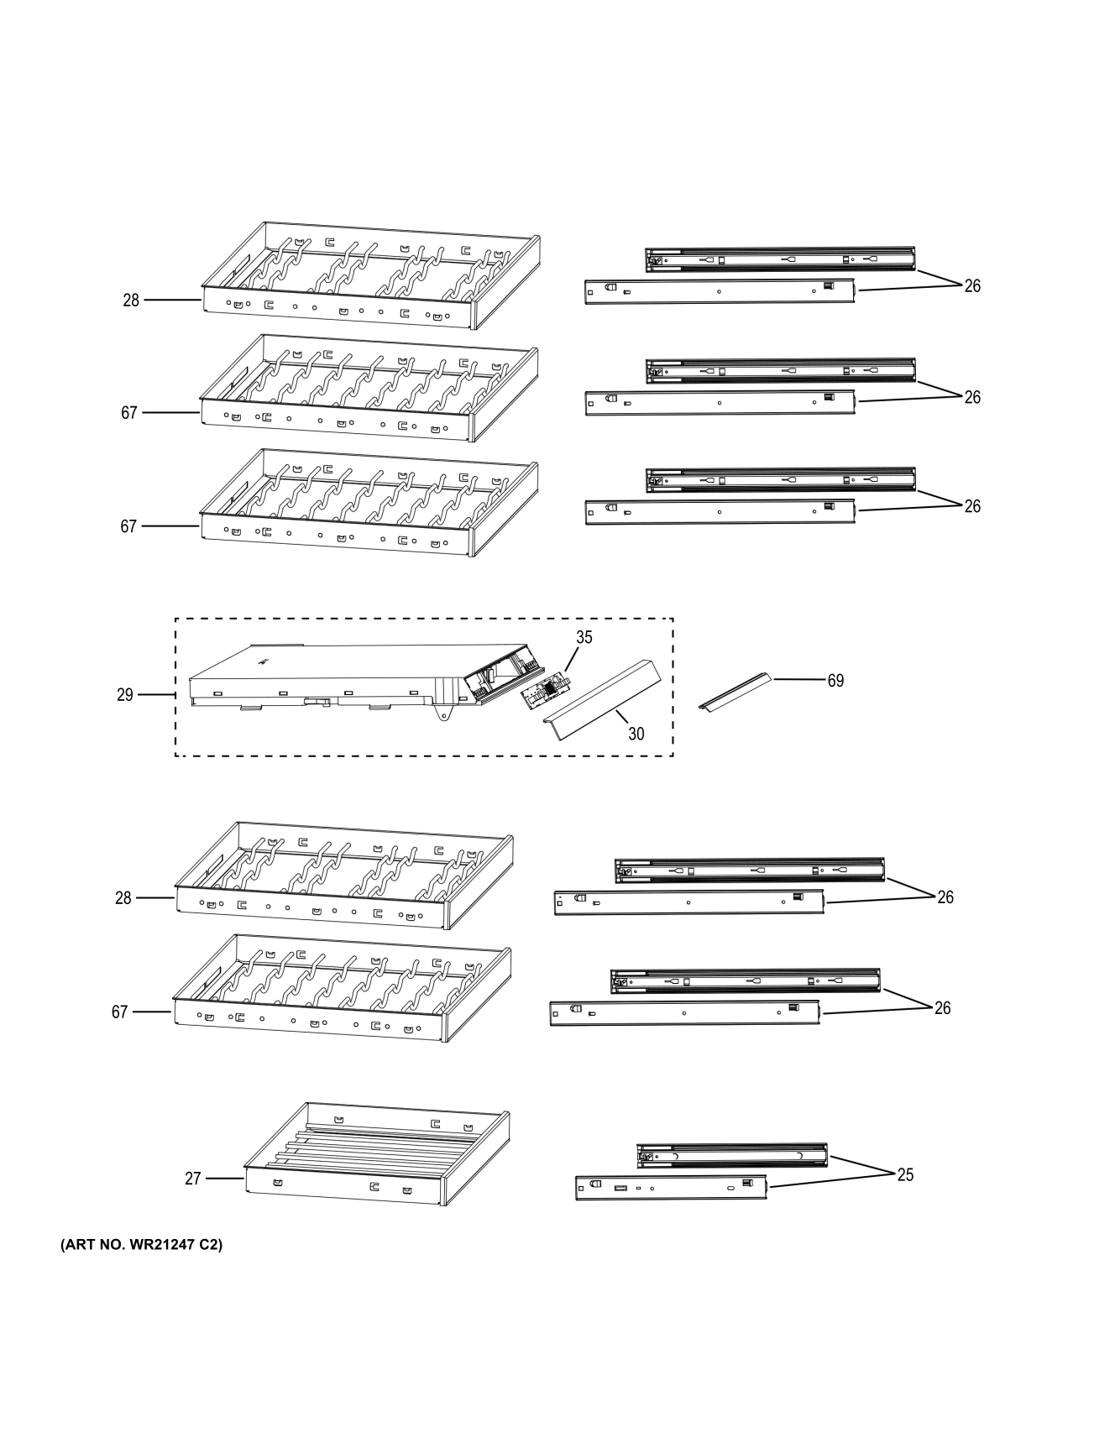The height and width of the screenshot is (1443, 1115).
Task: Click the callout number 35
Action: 584,637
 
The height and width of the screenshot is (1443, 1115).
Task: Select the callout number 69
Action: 835,681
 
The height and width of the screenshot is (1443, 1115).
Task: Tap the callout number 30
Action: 636,734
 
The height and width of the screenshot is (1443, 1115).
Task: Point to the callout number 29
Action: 125,695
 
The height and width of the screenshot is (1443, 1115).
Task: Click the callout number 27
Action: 193,1179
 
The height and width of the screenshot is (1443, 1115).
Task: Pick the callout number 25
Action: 905,1175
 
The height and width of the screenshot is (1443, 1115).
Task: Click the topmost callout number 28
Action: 131,300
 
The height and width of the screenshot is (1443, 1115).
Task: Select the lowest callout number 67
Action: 120,1012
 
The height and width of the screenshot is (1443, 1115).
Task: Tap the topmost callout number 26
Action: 971,286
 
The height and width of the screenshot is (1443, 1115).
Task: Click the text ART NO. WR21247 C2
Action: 141,1246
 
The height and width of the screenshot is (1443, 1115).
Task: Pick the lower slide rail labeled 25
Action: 672,1187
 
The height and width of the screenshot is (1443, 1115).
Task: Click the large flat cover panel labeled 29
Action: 327,672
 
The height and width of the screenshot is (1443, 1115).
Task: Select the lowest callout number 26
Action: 942,1008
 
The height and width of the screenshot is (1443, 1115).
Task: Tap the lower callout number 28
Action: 123,898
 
